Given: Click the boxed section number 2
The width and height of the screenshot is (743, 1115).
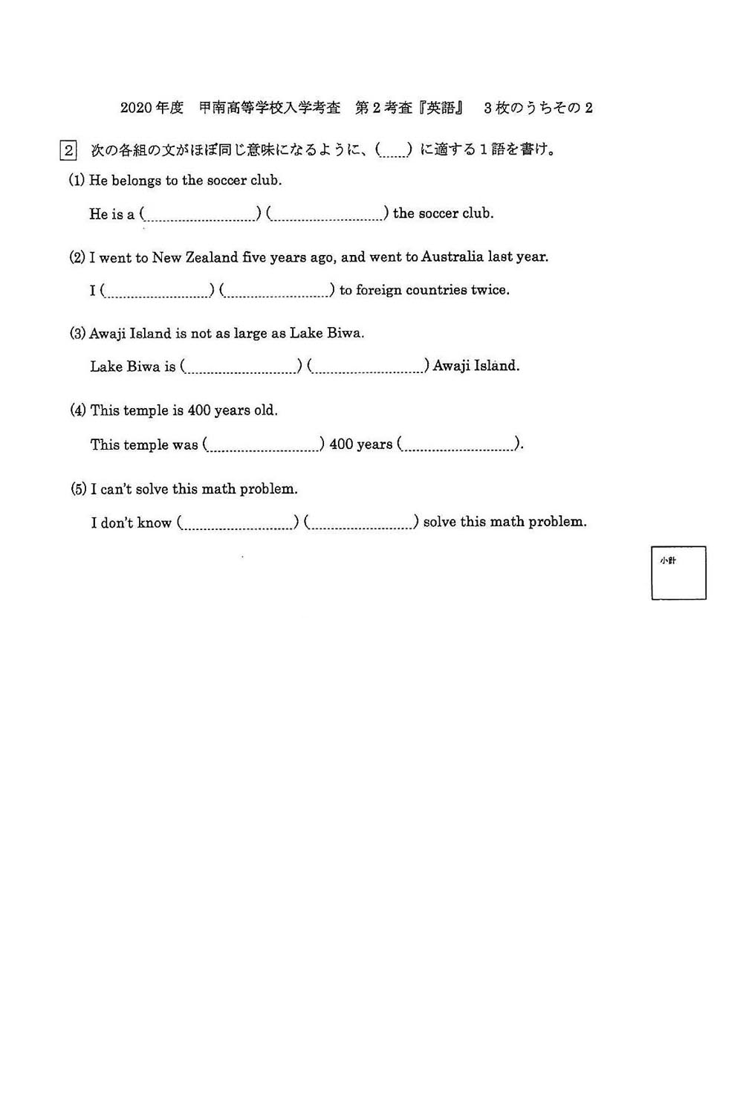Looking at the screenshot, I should pos(68,150).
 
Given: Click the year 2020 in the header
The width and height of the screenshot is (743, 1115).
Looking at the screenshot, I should pos(136,108).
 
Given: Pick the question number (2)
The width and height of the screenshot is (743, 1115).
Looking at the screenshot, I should pos(77,258).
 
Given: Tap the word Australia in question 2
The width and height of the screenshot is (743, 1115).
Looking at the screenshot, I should pos(452,256).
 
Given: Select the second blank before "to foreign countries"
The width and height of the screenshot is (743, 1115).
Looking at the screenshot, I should pos(277,291).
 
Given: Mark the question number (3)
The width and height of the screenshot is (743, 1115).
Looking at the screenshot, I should pos(78,334).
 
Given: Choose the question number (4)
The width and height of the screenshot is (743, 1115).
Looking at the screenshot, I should pos(78,410).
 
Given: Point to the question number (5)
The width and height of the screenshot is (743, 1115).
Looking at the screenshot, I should pos(79,489).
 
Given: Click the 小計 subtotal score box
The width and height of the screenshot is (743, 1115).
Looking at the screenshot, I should pos(678,573).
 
